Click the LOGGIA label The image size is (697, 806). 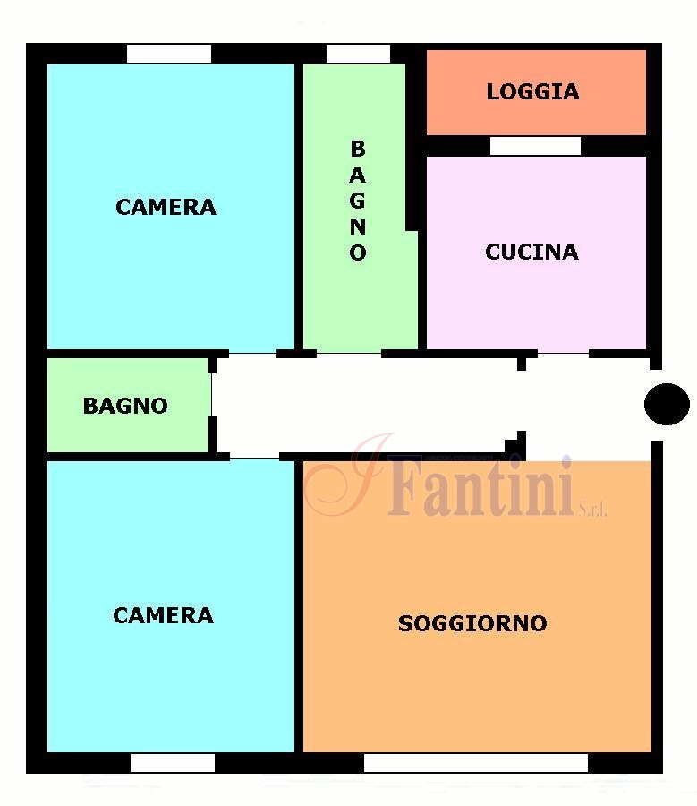tap(532, 91)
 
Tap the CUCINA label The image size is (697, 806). tap(531, 252)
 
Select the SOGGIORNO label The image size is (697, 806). tap(472, 623)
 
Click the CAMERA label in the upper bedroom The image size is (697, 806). tap(166, 207)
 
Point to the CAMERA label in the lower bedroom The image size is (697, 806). tap(163, 615)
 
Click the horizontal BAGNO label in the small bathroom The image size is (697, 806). tap(125, 406)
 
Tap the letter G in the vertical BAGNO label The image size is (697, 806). tap(358, 201)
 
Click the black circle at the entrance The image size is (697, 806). tap(667, 404)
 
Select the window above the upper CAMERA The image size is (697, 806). tap(169, 54)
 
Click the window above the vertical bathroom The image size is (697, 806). tap(358, 54)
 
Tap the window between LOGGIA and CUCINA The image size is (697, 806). tap(535, 146)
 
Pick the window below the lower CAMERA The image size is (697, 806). tap(173, 763)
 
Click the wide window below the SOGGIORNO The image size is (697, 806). tap(476, 763)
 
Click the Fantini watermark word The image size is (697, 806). tap(480, 485)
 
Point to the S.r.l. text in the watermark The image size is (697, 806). tap(592, 509)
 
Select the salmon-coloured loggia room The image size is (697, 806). tap(536, 92)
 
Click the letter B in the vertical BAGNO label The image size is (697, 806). tap(358, 149)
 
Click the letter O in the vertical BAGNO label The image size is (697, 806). tap(358, 253)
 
